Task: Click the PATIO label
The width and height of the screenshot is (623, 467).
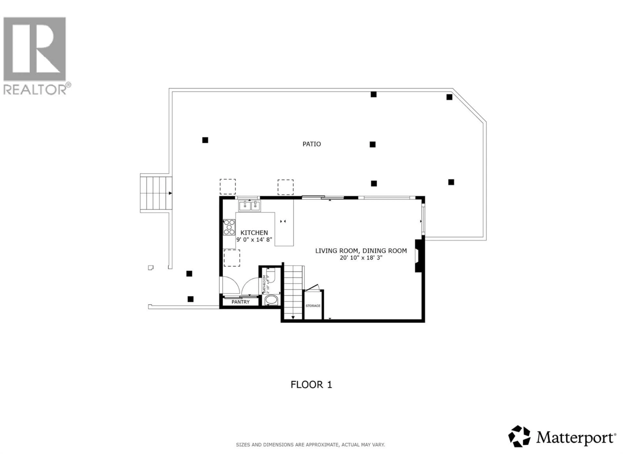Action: coord(311,144)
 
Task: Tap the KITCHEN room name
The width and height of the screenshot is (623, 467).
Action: coord(254,233)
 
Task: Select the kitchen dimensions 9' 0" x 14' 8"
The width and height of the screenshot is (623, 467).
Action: coord(254,239)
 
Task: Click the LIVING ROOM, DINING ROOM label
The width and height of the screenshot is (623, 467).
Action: coord(361,251)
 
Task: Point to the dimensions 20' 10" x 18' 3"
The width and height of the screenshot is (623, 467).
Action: coord(361,257)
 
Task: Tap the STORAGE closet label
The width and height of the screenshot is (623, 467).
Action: coord(313,306)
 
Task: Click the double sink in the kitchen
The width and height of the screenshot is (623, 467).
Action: coord(250,206)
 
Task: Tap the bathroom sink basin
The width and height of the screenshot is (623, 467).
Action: coord(271,300)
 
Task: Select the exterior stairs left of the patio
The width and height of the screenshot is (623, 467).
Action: coord(156,193)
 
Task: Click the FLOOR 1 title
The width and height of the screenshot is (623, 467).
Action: coord(311,384)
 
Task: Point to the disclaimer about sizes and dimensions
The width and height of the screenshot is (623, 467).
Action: coord(310,445)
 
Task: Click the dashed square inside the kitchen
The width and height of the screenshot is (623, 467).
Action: coord(232,258)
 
